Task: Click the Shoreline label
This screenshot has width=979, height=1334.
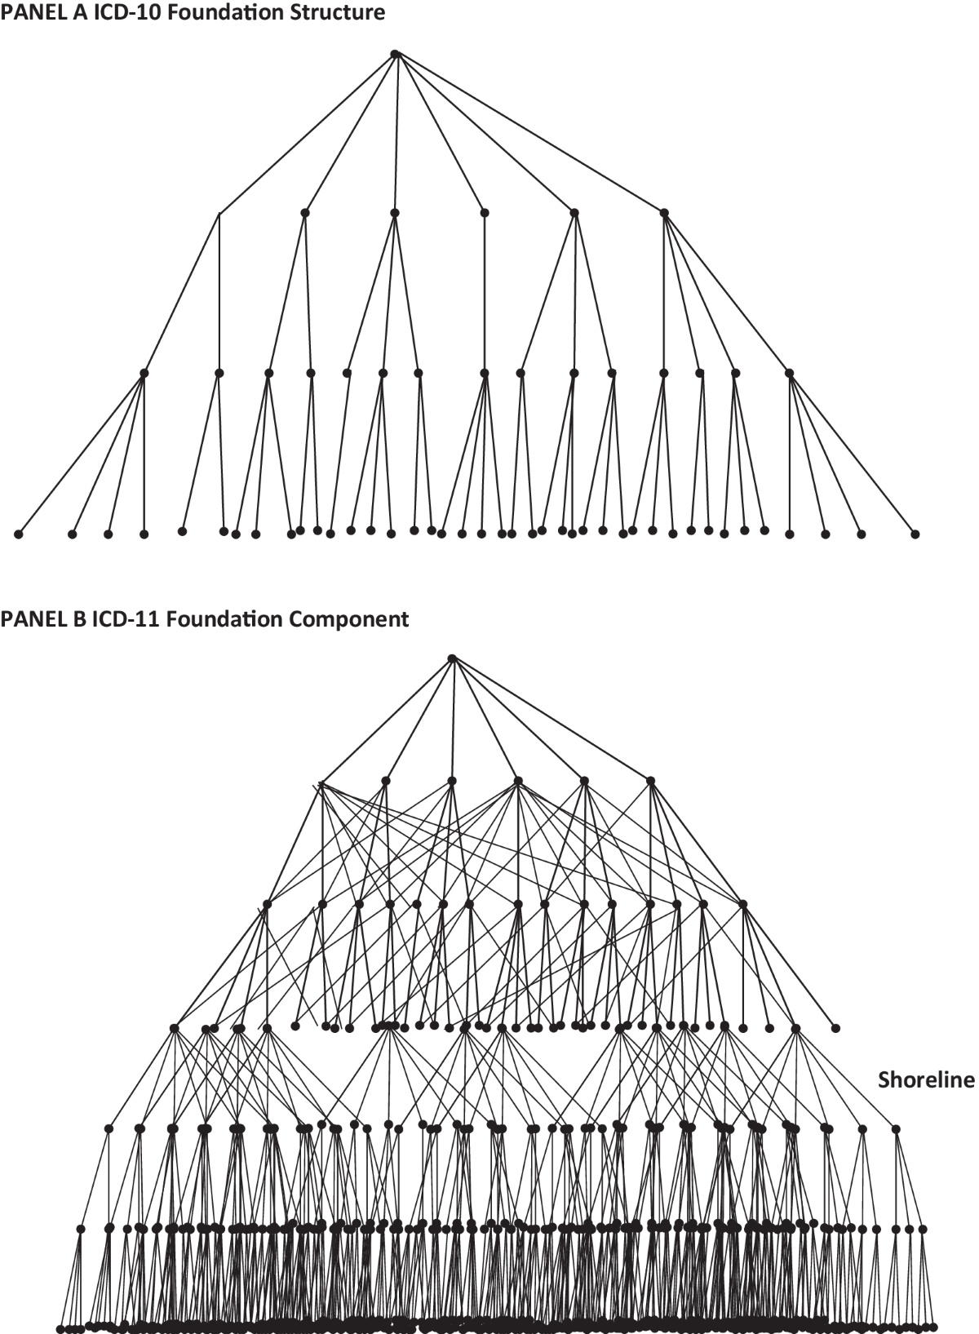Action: (926, 1080)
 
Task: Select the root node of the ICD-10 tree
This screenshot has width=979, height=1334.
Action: (395, 54)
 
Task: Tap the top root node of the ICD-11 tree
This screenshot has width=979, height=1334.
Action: (452, 658)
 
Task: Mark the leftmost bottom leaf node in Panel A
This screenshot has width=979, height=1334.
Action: (18, 534)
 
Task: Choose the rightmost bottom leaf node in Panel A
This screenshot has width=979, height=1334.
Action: (915, 534)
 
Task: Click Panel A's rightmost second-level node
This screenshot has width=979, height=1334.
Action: (664, 213)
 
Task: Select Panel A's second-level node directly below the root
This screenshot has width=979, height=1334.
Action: (395, 213)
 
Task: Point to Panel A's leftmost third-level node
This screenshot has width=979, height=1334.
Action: (144, 373)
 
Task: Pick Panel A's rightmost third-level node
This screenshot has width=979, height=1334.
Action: (789, 373)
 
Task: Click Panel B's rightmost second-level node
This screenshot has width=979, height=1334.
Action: (650, 781)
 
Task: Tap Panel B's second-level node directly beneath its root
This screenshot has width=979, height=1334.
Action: (452, 781)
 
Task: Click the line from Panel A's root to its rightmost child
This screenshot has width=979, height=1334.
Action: (530, 134)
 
